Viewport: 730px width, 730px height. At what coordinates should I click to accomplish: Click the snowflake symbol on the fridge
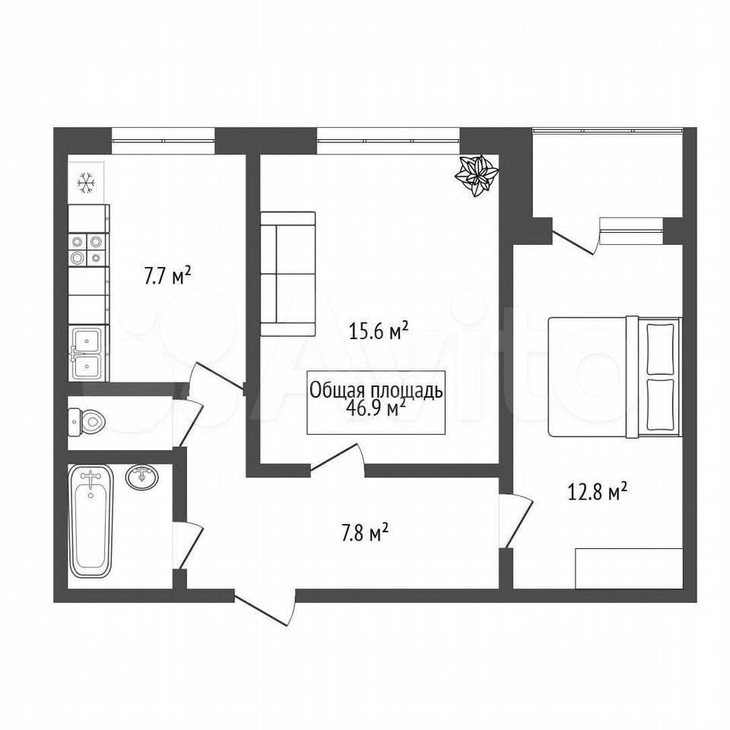pos(86,183)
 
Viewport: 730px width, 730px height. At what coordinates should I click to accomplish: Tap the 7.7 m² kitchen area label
pos(167,275)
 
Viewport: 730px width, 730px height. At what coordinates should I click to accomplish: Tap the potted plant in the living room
pos(477,176)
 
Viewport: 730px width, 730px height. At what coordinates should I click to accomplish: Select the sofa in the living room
pos(288,274)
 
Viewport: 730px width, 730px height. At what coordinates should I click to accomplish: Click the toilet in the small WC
pos(87,422)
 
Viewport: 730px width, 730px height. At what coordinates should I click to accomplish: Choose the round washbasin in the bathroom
pos(142,478)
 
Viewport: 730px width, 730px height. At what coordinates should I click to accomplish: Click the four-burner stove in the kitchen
pos(87,249)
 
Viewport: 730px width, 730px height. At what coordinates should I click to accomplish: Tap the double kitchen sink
pos(88,354)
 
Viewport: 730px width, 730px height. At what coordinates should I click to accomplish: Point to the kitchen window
pos(163,141)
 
